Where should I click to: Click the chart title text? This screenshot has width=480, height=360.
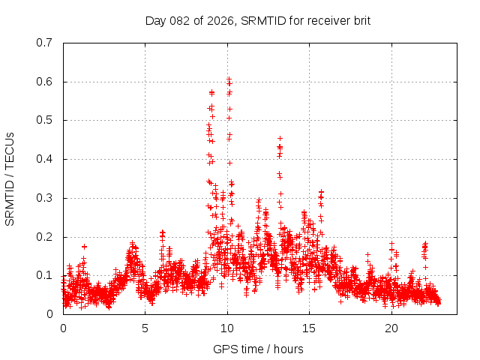click(258, 20)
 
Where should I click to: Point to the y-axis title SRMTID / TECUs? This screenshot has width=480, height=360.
click(10, 178)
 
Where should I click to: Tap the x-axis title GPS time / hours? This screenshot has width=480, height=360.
click(258, 349)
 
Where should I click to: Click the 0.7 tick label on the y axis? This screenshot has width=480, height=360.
click(44, 43)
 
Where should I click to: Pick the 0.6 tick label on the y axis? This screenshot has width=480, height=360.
click(44, 82)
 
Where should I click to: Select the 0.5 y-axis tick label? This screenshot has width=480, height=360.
click(44, 120)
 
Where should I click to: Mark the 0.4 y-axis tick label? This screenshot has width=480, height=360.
click(44, 159)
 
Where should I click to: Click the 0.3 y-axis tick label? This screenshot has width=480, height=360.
click(44, 198)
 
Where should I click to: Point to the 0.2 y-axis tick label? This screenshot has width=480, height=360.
click(44, 237)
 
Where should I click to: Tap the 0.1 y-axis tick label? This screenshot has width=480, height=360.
click(44, 275)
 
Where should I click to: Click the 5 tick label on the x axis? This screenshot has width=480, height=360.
click(145, 328)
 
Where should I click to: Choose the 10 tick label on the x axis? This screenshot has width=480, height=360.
click(227, 328)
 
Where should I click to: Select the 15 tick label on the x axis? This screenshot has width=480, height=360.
click(310, 328)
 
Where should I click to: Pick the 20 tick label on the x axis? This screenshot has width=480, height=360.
click(391, 328)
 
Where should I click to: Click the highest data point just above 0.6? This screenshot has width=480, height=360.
click(229, 79)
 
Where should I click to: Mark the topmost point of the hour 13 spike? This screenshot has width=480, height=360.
click(280, 139)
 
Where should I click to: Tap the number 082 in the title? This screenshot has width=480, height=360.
click(179, 20)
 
